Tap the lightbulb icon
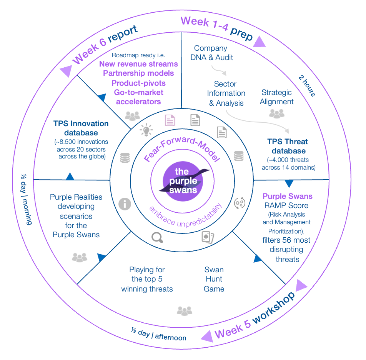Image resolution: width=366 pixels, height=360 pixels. [146, 130]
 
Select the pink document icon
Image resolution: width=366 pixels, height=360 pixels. [170, 120]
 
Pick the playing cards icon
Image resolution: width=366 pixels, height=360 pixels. [208, 237]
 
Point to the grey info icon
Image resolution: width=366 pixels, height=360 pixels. [125, 204]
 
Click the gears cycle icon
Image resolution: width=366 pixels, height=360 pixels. [240, 203]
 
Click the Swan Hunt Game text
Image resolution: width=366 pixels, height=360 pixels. [214, 279]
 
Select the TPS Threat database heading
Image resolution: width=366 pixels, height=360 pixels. [288, 146]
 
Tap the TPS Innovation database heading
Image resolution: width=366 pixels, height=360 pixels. [81, 128]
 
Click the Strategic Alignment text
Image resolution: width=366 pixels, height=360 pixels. [276, 97]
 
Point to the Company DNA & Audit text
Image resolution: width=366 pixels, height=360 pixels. [210, 53]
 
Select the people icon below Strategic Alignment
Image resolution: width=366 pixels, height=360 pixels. [276, 113]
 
